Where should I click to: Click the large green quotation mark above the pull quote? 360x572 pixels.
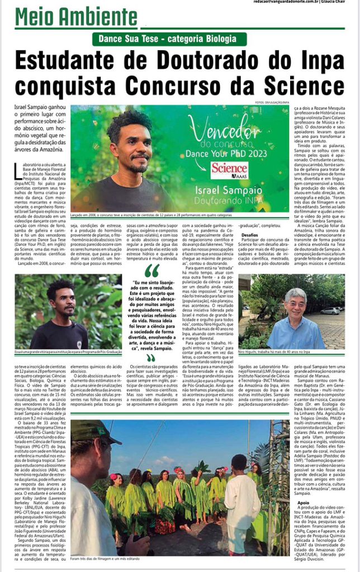(151, 271)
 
